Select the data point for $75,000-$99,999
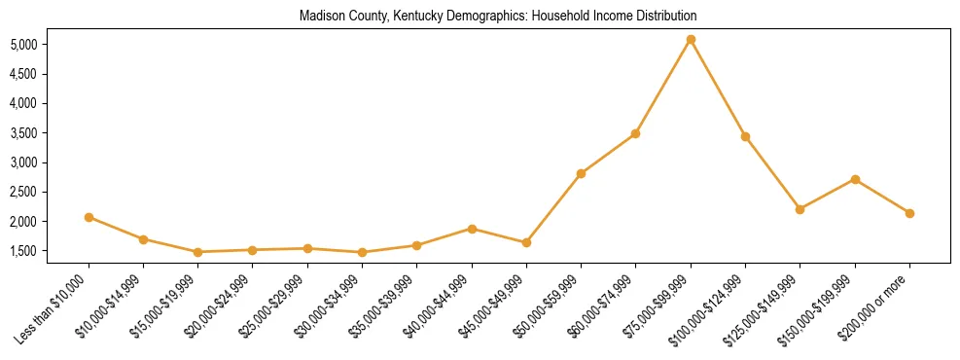691,40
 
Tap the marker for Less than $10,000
89,217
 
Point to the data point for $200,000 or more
909,213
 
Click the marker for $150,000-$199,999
855,179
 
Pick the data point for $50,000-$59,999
581,173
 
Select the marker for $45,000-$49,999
526,242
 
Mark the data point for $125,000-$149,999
800,209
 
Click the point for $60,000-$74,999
635,133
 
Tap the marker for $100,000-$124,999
745,136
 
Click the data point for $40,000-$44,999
472,229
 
